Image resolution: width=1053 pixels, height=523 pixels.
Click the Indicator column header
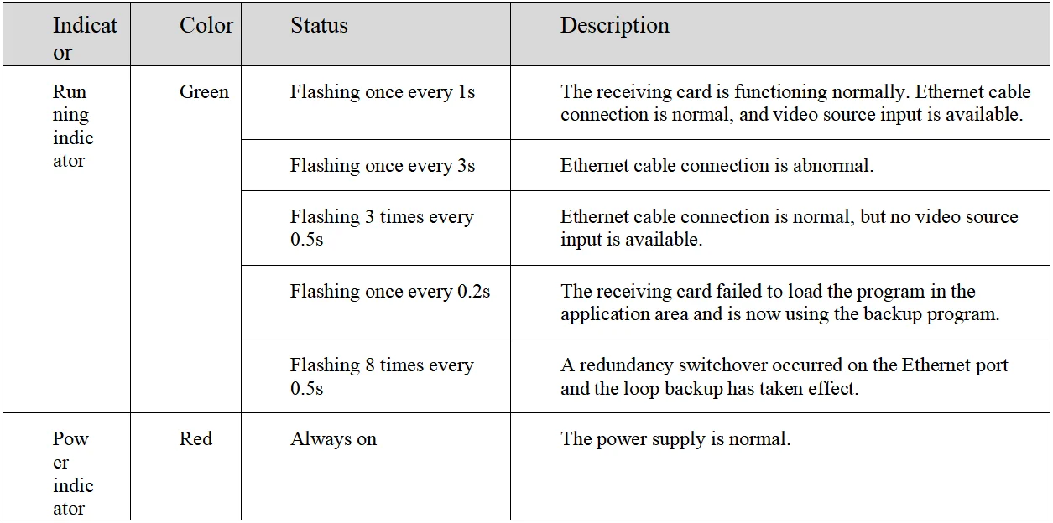tap(85, 39)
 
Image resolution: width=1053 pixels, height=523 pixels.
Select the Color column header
tap(206, 26)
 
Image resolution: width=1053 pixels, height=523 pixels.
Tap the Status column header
tap(319, 26)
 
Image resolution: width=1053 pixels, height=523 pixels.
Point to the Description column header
tap(614, 26)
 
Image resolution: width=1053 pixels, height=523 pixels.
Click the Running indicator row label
tap(73, 126)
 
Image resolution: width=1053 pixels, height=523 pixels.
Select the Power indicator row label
tap(73, 473)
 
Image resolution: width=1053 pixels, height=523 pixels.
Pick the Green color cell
tap(204, 92)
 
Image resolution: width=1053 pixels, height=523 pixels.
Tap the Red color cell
tap(195, 439)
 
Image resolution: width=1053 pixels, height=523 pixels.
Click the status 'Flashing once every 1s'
tap(382, 92)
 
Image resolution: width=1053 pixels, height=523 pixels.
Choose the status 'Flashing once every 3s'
tap(382, 166)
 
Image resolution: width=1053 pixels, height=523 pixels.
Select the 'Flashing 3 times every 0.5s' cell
tap(382, 228)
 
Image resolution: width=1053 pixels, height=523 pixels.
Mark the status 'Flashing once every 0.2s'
tap(389, 292)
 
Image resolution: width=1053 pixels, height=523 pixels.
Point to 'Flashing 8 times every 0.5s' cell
tap(382, 376)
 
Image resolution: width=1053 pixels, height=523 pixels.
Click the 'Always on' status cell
tap(333, 439)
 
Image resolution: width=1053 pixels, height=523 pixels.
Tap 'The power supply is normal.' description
tap(675, 439)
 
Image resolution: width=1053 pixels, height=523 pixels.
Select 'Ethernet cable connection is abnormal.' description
tap(717, 166)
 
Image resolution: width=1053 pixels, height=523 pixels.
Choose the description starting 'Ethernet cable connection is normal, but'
tap(789, 228)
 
